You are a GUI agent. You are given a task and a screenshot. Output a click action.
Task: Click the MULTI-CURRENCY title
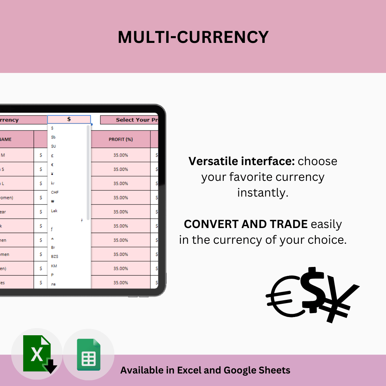(x=193, y=37)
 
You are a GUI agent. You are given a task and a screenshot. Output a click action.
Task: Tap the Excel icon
(x=38, y=354)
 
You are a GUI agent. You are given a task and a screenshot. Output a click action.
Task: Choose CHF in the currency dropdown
(x=55, y=192)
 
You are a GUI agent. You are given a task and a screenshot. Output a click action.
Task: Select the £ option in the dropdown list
(x=53, y=155)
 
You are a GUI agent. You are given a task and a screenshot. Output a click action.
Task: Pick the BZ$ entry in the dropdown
(x=55, y=257)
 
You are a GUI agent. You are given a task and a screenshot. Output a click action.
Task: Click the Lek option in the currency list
(x=54, y=211)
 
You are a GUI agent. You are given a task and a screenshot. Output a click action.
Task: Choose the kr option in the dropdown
(x=53, y=183)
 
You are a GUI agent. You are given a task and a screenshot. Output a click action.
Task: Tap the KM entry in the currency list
(x=54, y=266)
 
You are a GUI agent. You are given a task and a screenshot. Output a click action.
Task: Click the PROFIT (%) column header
(x=121, y=139)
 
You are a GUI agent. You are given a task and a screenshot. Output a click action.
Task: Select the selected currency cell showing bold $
(x=69, y=119)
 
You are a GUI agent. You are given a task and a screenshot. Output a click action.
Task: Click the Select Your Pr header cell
(x=129, y=120)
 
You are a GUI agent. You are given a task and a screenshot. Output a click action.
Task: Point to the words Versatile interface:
(x=242, y=161)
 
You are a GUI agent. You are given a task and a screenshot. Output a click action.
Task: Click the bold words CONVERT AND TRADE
(x=246, y=224)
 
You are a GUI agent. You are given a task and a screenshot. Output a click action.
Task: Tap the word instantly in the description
(x=263, y=193)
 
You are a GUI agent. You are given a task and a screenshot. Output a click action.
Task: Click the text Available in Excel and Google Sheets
(x=205, y=370)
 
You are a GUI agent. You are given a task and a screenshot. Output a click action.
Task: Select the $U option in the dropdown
(x=54, y=146)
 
